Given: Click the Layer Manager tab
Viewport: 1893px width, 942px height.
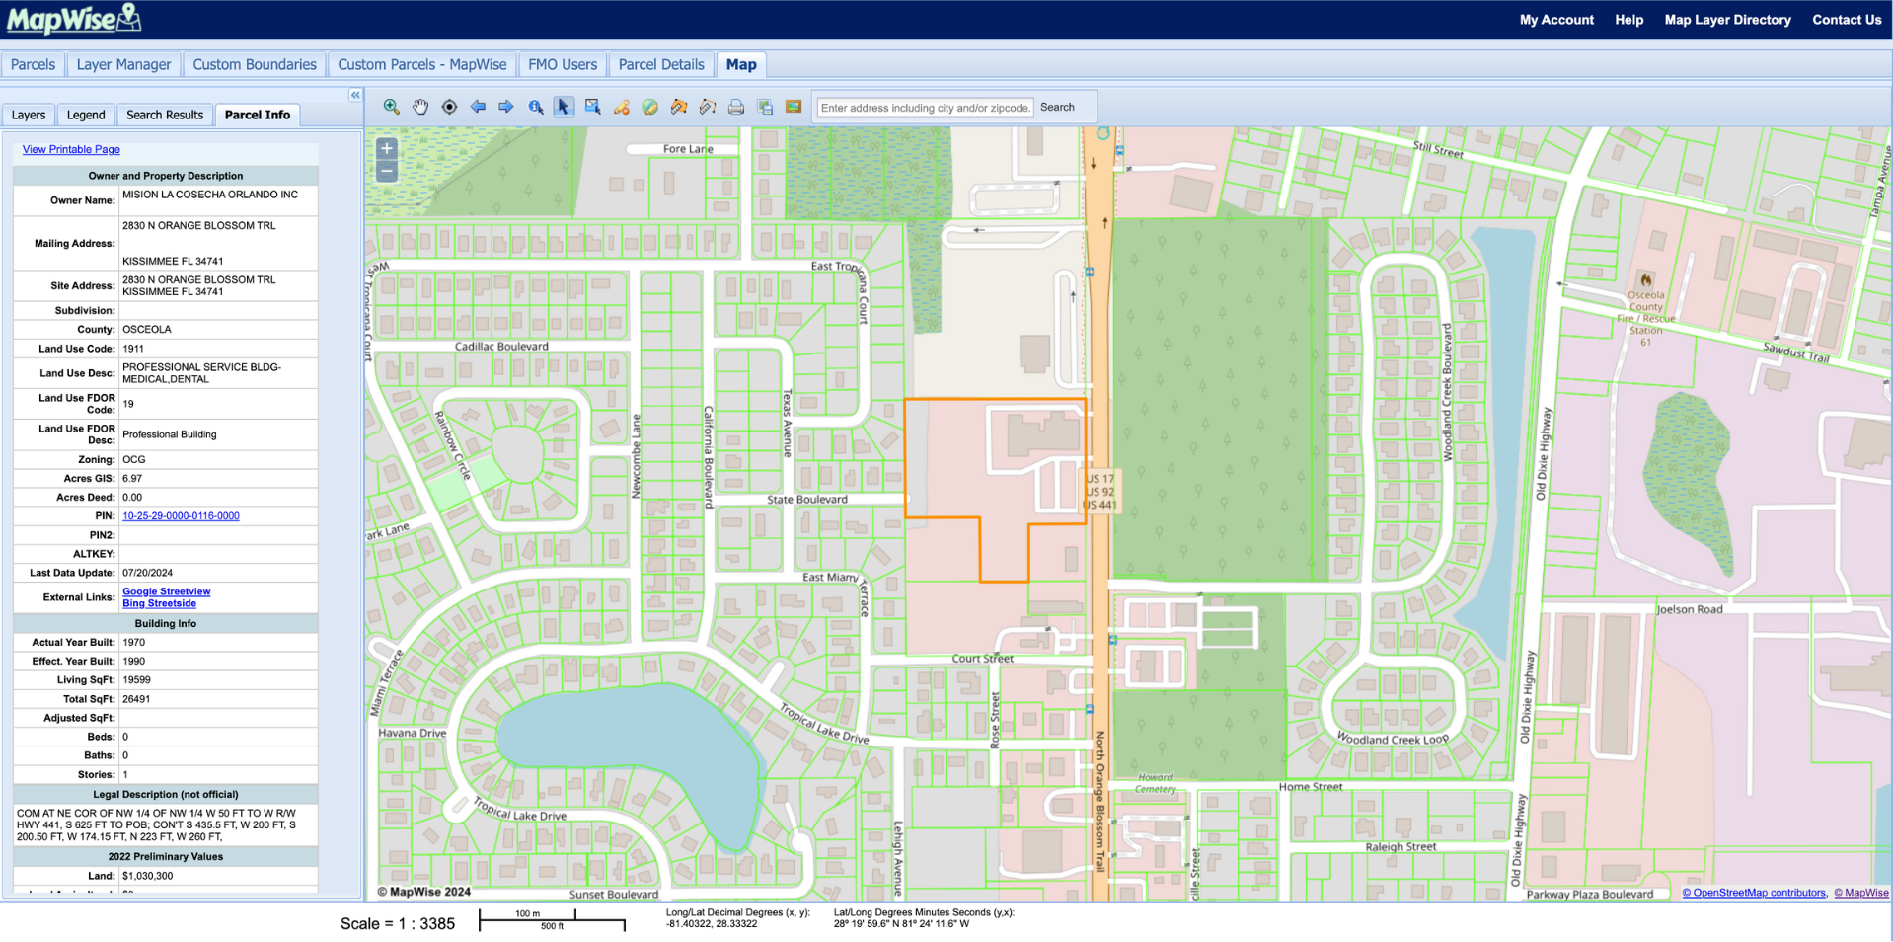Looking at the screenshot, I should [123, 65].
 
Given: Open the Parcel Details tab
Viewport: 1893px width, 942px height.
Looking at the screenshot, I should [660, 65].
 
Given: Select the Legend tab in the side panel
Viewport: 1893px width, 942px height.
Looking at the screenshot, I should [86, 116].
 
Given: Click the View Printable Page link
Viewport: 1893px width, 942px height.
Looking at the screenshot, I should [71, 150].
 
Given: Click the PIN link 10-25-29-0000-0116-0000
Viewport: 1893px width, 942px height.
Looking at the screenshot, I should [181, 516].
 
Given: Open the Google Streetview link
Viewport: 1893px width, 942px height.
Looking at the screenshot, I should [166, 591].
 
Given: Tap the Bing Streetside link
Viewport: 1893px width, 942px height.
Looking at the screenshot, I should [159, 603].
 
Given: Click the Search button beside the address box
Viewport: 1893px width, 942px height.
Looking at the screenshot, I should [1057, 108].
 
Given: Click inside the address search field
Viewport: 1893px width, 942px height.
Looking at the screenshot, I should [925, 108].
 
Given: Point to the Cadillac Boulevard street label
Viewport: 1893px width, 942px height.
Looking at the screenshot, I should [501, 347].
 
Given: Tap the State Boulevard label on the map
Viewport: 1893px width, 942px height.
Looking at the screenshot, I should [806, 500].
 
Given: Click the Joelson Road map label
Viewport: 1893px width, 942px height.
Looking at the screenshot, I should [1689, 609].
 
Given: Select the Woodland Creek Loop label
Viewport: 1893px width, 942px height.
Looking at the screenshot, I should [1393, 739].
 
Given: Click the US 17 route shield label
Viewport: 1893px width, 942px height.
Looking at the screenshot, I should [1099, 479].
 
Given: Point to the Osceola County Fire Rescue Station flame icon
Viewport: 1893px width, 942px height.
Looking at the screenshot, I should [1645, 280].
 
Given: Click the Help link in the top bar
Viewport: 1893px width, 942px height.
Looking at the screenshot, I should [1628, 20].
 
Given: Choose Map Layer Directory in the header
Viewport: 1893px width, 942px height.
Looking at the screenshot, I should [1727, 20].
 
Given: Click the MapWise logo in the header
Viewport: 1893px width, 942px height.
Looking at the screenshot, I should [74, 19].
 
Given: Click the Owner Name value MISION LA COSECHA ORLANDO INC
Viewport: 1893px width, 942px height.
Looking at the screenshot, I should [209, 196].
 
